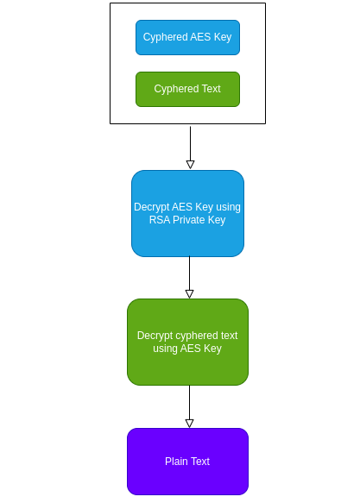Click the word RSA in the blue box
coord(161,220)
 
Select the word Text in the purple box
coord(200,462)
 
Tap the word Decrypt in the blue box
coord(152,207)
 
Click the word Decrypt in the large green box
coord(155,336)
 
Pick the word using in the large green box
coord(167,349)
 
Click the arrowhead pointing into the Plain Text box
coord(189,423)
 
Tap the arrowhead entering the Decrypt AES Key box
coord(190,164)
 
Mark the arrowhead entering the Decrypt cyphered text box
coord(189,293)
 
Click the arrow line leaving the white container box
coord(190,141)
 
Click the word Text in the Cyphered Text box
coord(210,89)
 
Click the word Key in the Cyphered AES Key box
coord(223,37)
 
